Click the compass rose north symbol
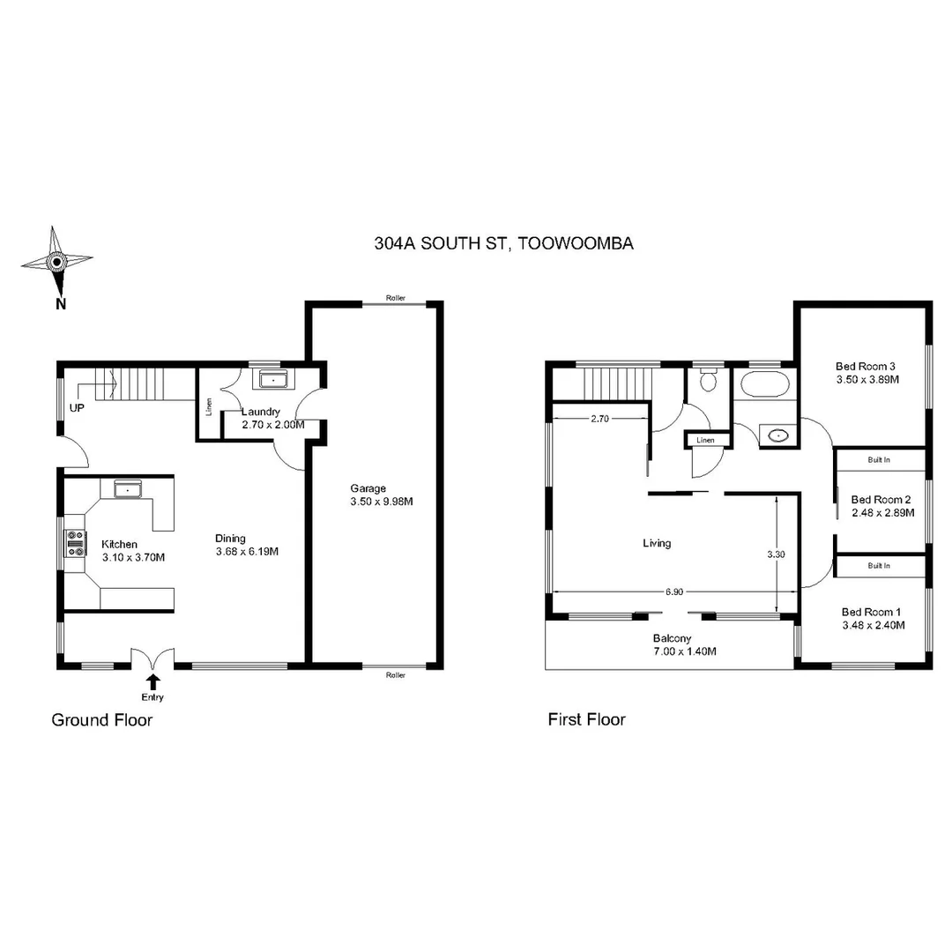(56, 262)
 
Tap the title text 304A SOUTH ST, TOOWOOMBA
(503, 244)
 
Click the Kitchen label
(119, 544)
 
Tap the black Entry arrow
(153, 681)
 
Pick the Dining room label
(231, 539)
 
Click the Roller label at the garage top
(396, 298)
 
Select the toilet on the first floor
(707, 380)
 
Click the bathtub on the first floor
(763, 384)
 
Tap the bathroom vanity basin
(777, 435)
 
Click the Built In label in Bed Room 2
(879, 460)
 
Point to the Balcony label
(672, 638)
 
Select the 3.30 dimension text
(776, 555)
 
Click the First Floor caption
(586, 719)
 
